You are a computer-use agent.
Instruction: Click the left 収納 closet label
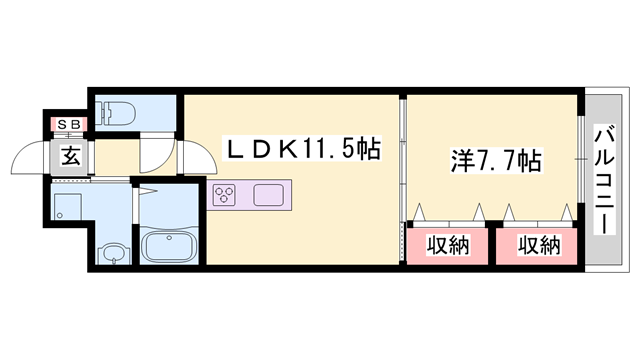tap(450, 245)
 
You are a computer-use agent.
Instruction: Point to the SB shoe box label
tap(71, 124)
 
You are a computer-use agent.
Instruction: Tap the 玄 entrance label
tap(70, 156)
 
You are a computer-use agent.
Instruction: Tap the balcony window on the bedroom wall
tap(580, 160)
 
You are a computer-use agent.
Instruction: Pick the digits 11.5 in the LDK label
tap(334, 150)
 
